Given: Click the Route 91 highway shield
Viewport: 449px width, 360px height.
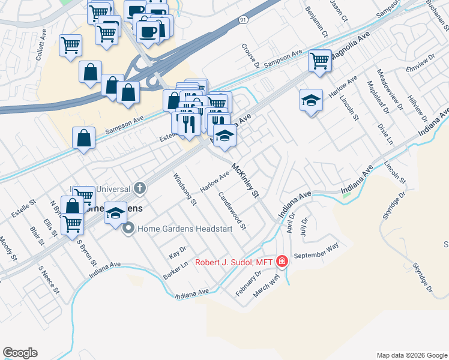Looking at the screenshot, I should coord(243,20).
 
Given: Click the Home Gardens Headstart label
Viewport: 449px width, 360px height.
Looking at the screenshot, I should coord(185,229).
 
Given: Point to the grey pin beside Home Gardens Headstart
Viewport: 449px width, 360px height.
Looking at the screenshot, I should coord(128,229).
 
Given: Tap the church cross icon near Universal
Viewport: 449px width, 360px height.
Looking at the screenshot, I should coord(140,188).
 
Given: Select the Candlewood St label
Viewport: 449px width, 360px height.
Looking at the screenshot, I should coord(232,211).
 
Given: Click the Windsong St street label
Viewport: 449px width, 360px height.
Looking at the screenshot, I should coord(185,189).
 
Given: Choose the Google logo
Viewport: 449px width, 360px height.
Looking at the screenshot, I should coord(20,353).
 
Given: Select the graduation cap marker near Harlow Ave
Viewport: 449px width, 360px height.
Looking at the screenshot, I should coord(311,100).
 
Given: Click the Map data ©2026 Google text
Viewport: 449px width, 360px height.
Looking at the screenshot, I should coord(411,355).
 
